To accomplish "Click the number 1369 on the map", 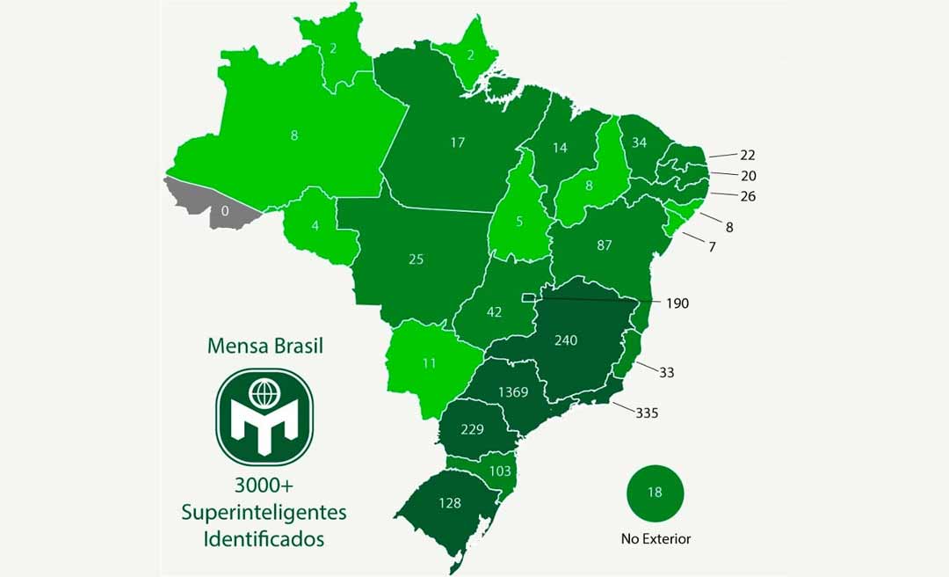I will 512,392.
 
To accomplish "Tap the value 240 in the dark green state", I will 566,340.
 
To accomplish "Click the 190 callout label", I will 677,303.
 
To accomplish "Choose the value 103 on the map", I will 499,471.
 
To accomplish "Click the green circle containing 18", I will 655,493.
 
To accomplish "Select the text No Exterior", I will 655,539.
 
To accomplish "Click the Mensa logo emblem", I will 264,416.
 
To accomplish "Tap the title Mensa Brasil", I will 264,346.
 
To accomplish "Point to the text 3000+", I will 264,486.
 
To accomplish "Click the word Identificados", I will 264,538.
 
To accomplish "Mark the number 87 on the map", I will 604,245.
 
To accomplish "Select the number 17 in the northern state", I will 457,142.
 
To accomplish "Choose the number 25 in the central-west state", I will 417,259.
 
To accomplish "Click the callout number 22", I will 748,155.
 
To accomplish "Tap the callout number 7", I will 712,247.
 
